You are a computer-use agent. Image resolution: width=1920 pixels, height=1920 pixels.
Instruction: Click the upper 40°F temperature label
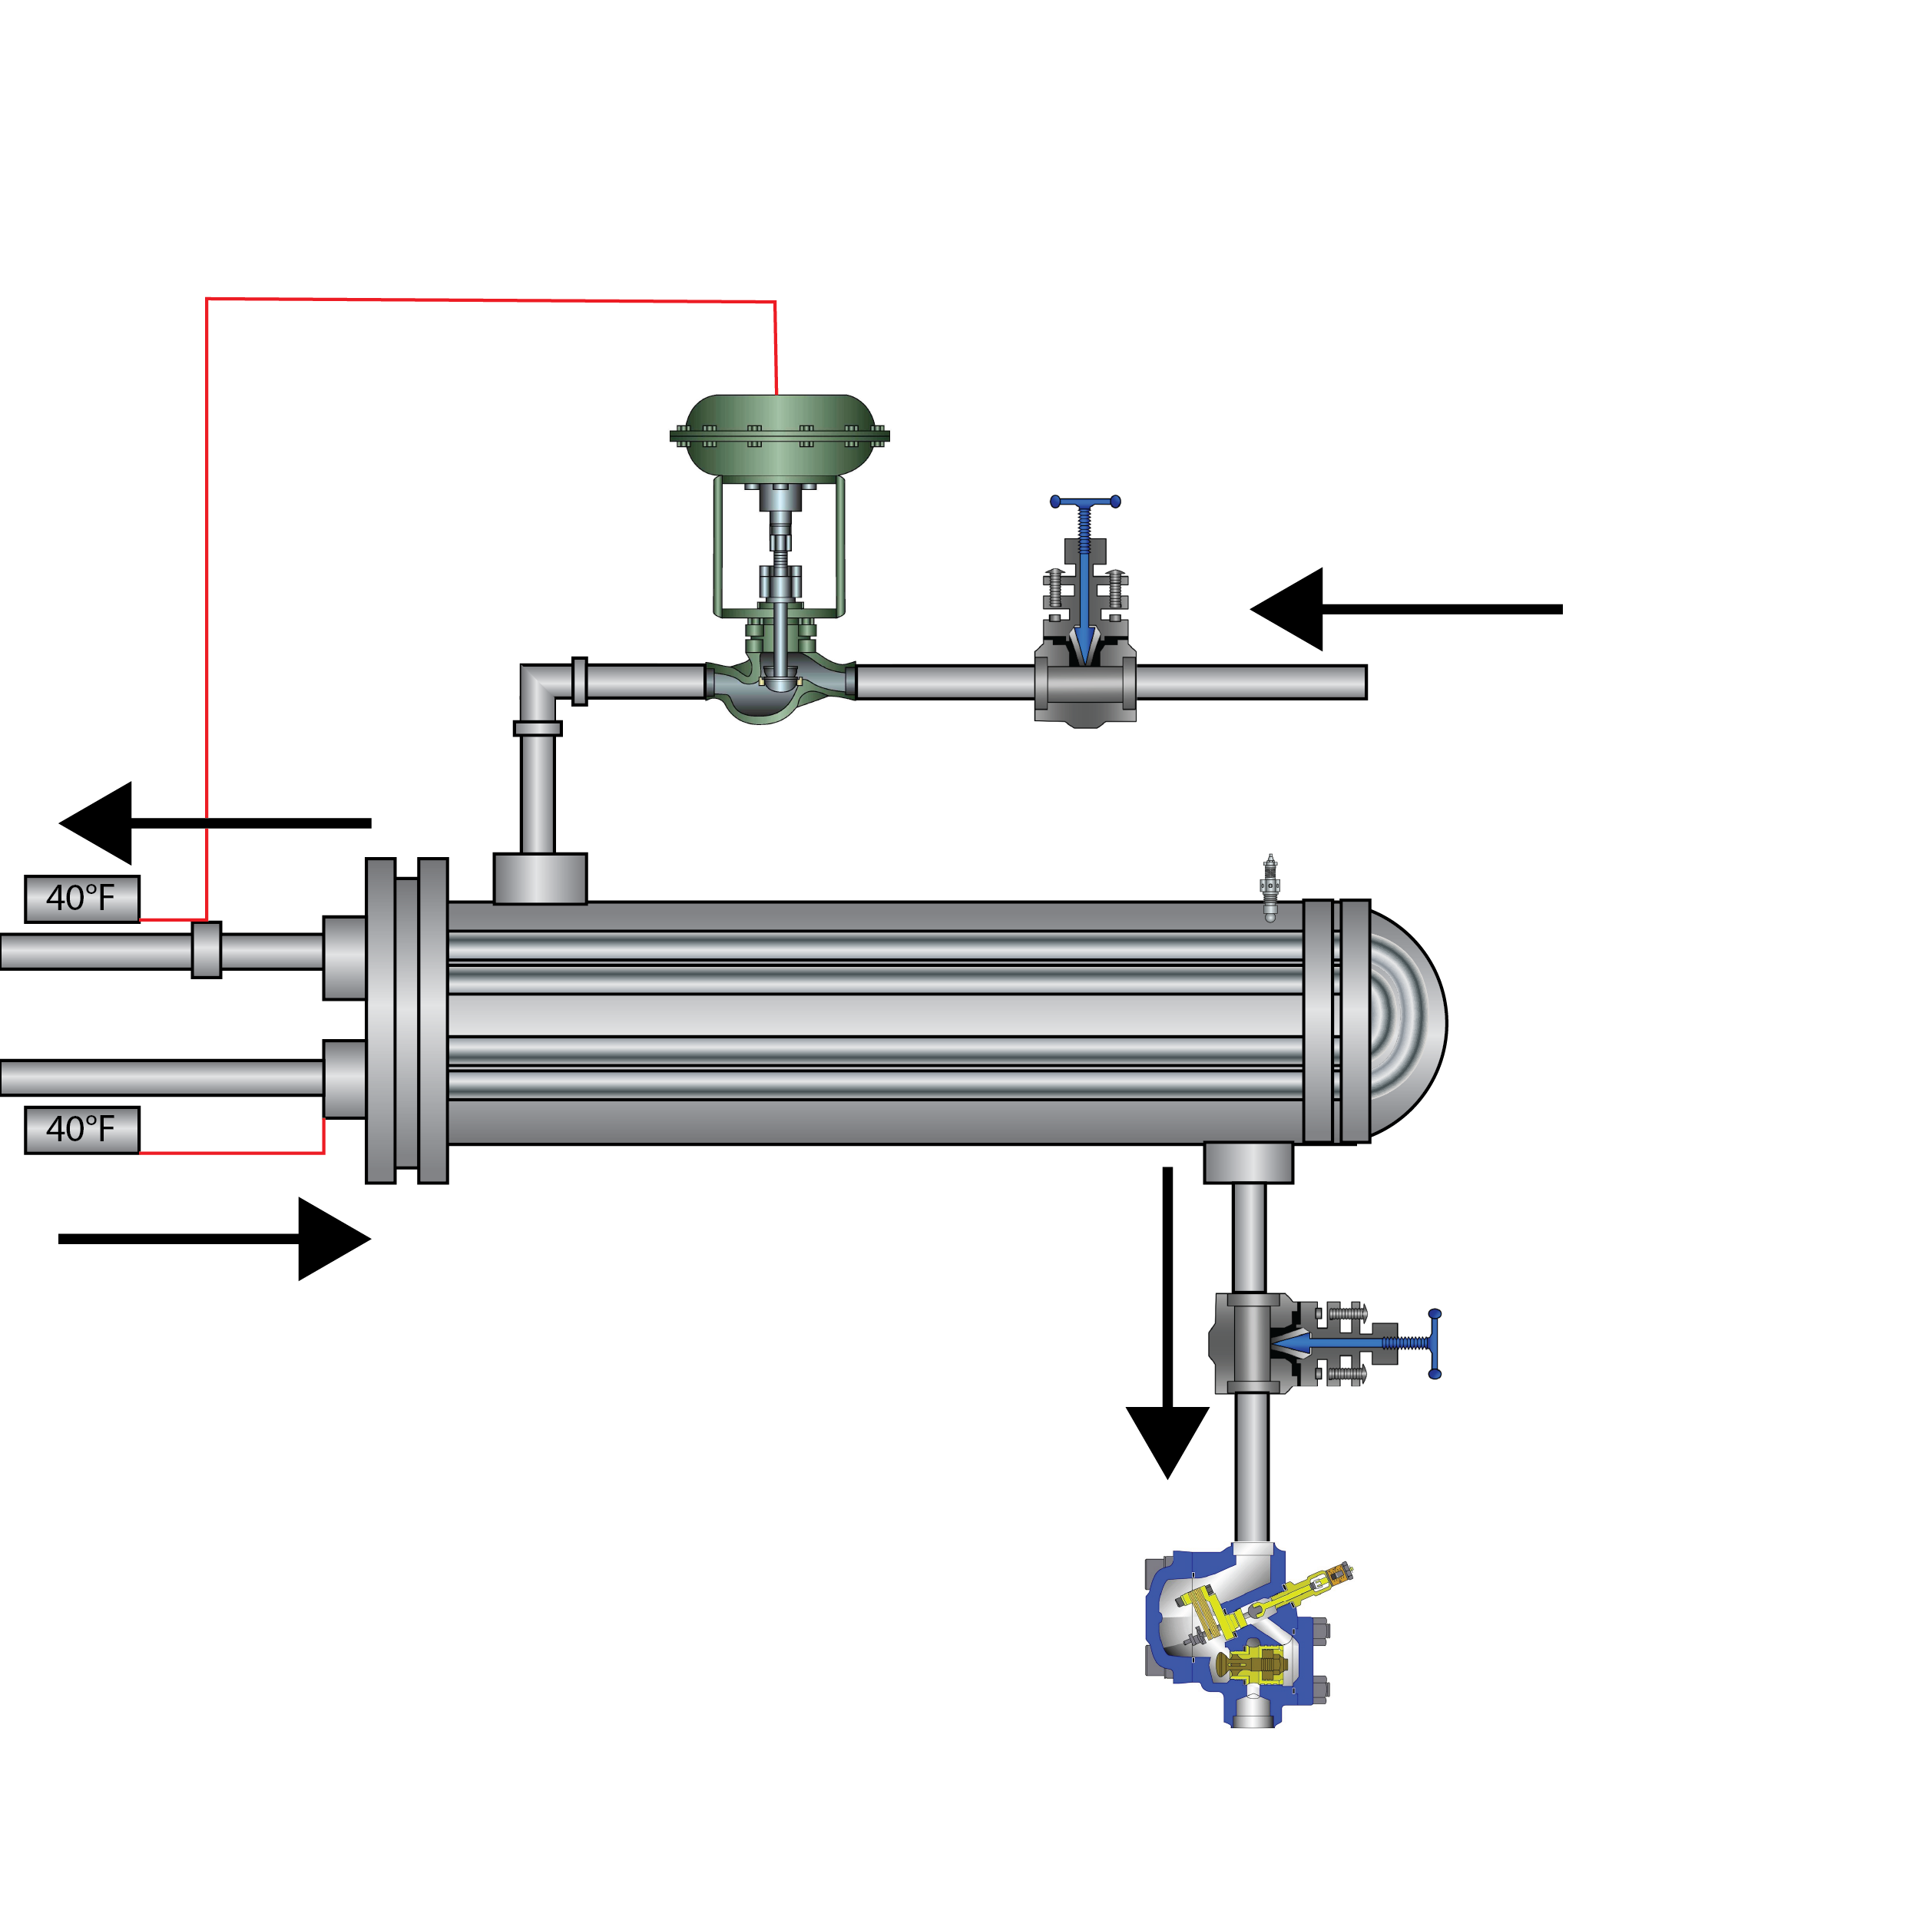point(81,899)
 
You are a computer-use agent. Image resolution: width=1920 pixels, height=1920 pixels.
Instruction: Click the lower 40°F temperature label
point(81,1129)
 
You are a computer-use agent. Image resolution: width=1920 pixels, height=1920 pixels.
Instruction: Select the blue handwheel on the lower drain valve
point(1434,1343)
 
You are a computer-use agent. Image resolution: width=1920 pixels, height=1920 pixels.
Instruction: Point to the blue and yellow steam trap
point(1258,1640)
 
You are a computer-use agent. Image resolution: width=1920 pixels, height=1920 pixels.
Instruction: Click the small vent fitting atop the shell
point(1269,888)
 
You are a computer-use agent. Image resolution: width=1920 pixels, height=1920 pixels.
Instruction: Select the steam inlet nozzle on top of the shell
point(540,879)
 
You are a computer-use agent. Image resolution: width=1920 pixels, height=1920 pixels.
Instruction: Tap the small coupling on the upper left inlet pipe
point(207,950)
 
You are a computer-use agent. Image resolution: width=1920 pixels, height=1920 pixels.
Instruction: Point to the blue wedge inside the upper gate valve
point(1084,642)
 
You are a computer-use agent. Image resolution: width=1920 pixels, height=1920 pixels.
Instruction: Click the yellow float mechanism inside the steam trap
point(1254,1657)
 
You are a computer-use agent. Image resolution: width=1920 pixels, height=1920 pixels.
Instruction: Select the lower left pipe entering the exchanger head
point(159,1078)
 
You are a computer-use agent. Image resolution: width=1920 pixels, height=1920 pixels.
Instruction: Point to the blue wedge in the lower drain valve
point(1292,1343)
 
